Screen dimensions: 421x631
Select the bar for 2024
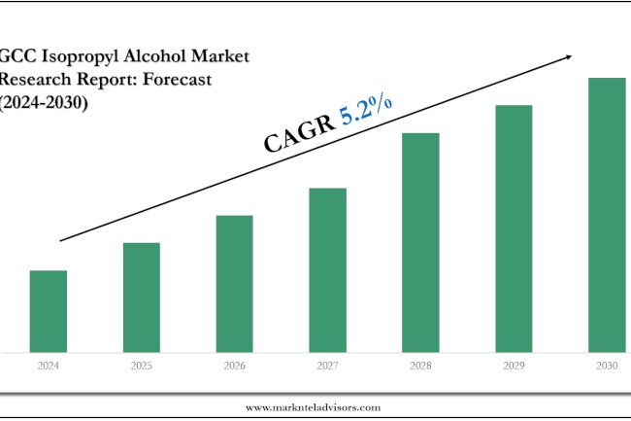[x=48, y=310]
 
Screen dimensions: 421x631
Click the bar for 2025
[x=141, y=297]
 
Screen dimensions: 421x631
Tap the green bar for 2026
[x=234, y=283]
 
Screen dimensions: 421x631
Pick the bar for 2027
[x=327, y=269]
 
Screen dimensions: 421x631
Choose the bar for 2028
[x=420, y=241]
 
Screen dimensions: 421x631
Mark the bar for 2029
[x=514, y=228]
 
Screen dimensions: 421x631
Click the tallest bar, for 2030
[x=607, y=214]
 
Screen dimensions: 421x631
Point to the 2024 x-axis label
[x=48, y=367]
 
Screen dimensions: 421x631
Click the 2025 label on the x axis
[x=141, y=367]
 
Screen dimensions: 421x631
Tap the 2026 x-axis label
[x=234, y=367]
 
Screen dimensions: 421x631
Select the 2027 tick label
[x=327, y=367]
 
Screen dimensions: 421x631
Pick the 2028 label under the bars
[x=420, y=367]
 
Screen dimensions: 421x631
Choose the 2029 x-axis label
[x=514, y=367]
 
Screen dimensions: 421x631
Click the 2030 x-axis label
[x=607, y=367]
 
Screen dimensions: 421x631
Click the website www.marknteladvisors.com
[x=313, y=407]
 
